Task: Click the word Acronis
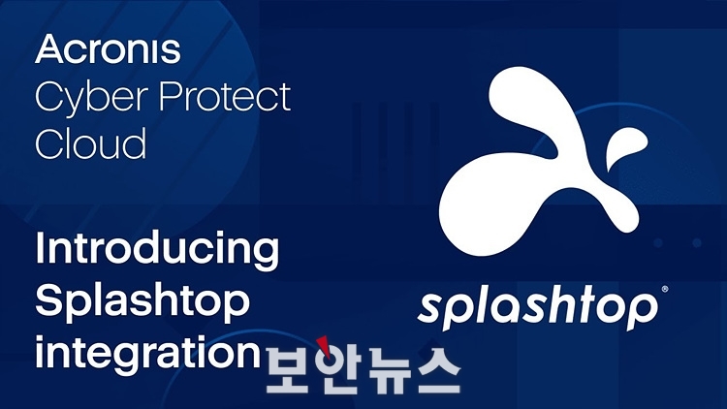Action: tap(108, 48)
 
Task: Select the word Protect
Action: tap(225, 96)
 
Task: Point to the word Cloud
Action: tap(91, 142)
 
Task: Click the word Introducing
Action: tap(157, 250)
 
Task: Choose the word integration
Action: tap(148, 355)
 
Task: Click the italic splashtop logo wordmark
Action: tap(538, 308)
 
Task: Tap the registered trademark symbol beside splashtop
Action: tap(665, 290)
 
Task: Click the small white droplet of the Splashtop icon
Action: tap(625, 147)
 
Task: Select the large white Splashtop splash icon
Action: tap(539, 161)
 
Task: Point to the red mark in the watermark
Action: tap(324, 347)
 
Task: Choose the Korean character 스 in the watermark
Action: tap(437, 371)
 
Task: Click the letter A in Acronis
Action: tap(49, 48)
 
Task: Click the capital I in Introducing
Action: tap(40, 247)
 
